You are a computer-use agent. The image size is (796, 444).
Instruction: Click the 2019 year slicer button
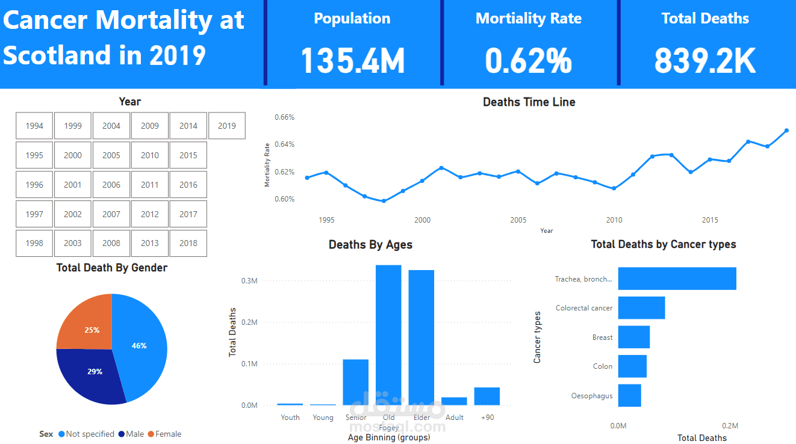(227, 126)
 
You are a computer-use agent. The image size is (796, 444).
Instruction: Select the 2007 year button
(111, 214)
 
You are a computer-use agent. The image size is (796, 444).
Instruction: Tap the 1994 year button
(34, 126)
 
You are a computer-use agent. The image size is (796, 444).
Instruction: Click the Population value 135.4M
(352, 61)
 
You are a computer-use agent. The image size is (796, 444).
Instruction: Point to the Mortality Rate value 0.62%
(528, 61)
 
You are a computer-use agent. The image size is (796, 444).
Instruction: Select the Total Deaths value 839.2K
(704, 61)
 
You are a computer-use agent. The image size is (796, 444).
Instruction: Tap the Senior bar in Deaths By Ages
(355, 382)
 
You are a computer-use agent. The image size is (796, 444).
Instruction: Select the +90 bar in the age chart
(487, 396)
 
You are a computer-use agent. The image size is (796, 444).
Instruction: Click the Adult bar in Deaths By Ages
(454, 401)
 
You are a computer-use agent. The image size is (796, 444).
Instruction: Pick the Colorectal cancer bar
(641, 307)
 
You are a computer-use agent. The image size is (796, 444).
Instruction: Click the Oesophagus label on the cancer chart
(592, 396)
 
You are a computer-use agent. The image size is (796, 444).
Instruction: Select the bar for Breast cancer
(633, 337)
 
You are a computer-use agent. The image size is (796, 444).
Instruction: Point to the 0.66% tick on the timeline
(285, 117)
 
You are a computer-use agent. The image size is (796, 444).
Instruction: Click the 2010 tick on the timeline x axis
(614, 220)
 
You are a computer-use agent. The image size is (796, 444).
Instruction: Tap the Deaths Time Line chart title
(529, 102)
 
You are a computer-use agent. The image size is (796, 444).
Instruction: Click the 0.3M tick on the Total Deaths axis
(249, 281)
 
